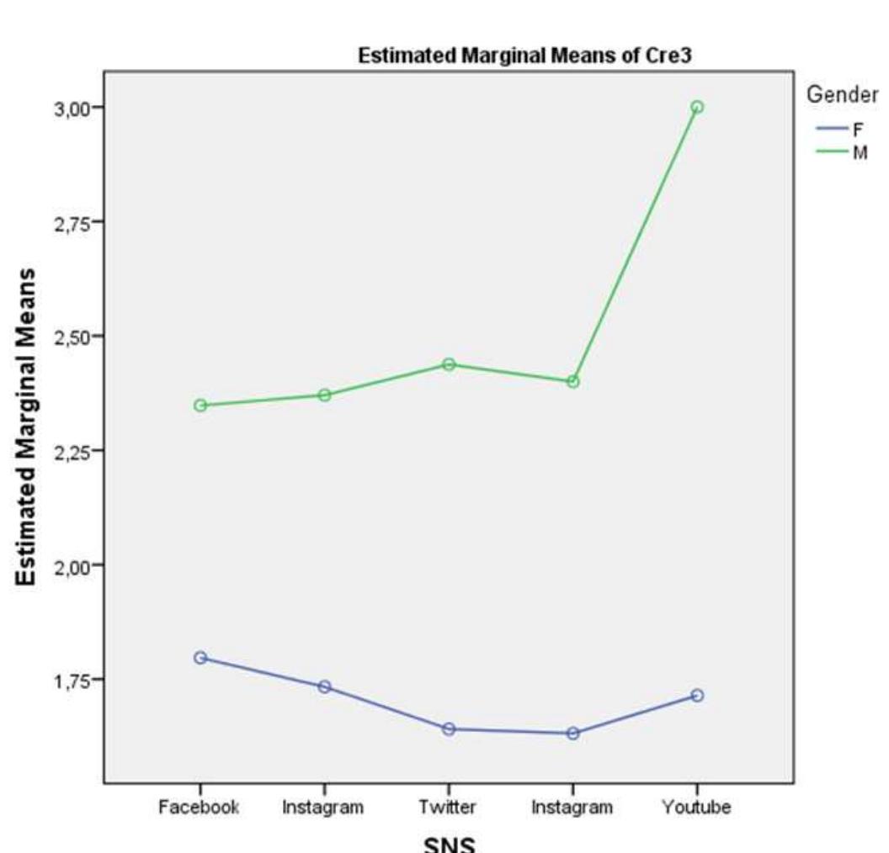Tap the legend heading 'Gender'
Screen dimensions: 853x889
click(843, 95)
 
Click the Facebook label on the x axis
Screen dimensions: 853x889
click(200, 808)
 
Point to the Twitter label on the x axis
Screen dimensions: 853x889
click(448, 808)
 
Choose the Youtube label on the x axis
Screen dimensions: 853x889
click(696, 808)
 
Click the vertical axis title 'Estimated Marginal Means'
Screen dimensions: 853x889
click(27, 427)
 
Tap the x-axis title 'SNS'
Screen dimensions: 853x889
click(449, 844)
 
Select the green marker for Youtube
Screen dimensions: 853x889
click(697, 107)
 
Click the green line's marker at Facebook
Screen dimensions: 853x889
click(200, 405)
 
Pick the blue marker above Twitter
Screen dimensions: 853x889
click(449, 728)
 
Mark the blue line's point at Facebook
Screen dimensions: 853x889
click(200, 658)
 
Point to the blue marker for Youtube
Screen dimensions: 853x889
click(697, 696)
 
